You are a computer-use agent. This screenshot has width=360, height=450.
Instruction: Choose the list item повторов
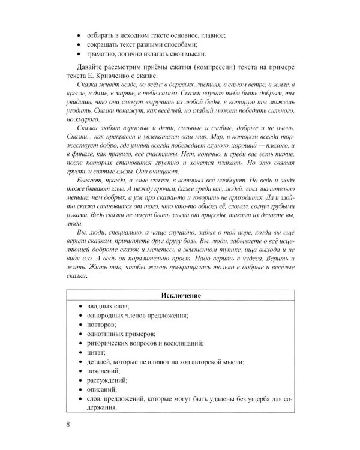pyautogui.click(x=101, y=324)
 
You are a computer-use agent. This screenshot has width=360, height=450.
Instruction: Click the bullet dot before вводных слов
pyautogui.click(x=80, y=305)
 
